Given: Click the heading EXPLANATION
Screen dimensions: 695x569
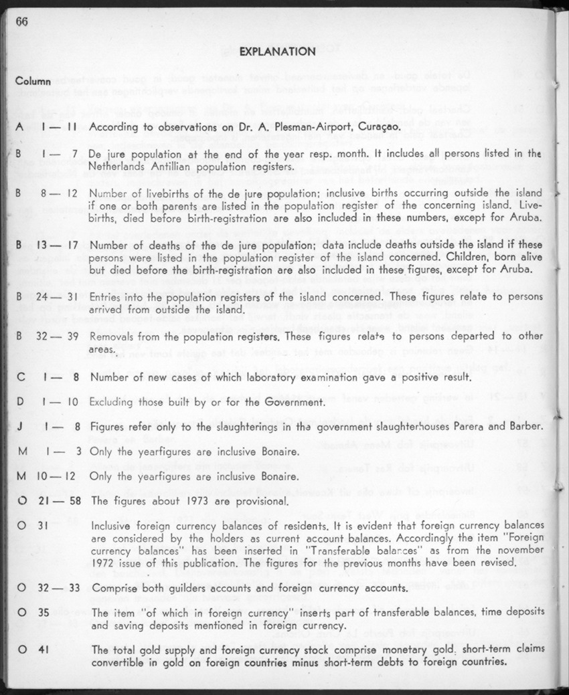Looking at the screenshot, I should (x=277, y=52).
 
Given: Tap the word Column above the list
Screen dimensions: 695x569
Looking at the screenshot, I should (x=33, y=82).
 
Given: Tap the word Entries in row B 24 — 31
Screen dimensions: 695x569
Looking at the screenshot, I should (x=106, y=295).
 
